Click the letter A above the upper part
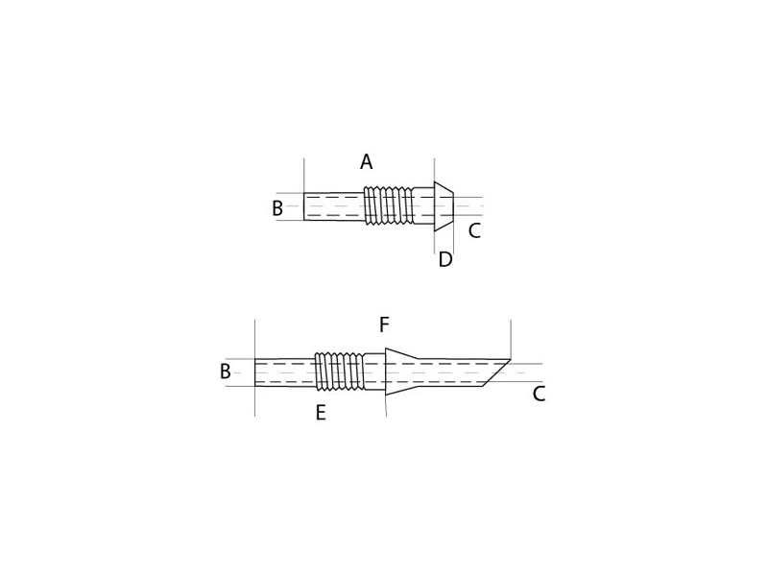click(x=366, y=161)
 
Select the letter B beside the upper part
click(x=277, y=208)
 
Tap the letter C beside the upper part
click(x=474, y=230)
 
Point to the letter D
click(x=445, y=259)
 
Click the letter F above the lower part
click(x=385, y=324)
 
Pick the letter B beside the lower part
click(x=226, y=372)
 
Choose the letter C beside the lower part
click(x=539, y=394)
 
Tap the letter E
click(x=321, y=413)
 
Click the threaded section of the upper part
click(x=388, y=205)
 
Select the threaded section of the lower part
click(x=339, y=372)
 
